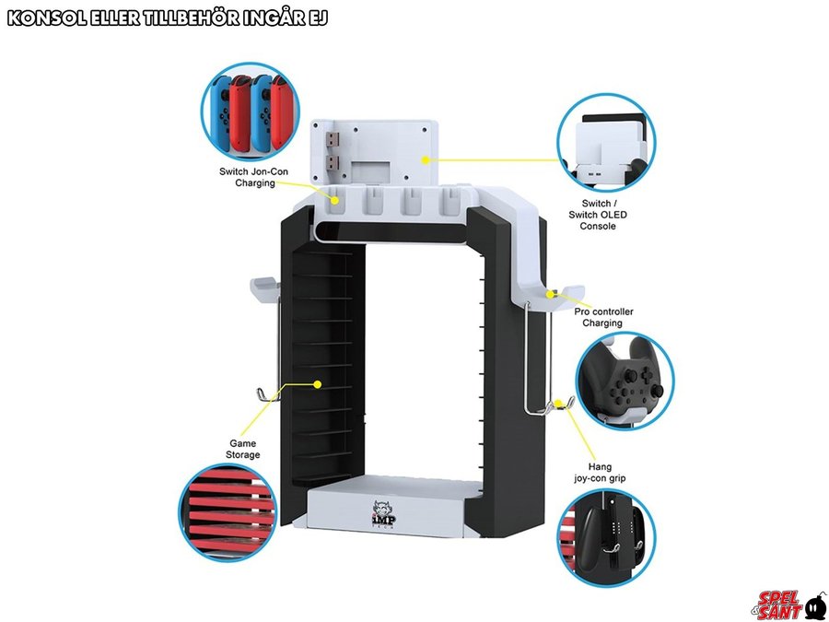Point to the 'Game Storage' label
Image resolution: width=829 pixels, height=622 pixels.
243,449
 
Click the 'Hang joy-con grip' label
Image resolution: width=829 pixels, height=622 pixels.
599,473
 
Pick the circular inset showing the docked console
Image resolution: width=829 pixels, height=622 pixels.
606,142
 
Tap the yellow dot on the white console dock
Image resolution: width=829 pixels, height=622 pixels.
424,159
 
